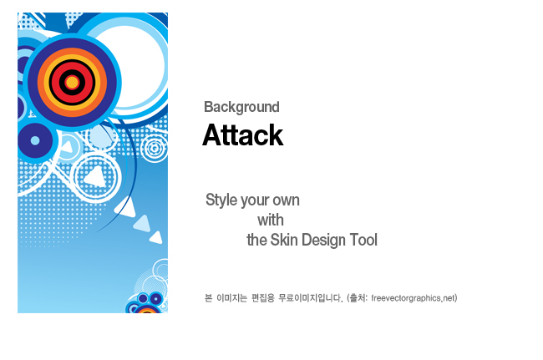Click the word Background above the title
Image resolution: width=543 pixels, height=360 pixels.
241,107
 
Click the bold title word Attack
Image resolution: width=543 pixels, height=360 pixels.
243,135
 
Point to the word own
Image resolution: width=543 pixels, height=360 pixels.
286,201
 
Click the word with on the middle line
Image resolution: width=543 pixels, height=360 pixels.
271,221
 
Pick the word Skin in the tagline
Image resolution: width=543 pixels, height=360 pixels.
284,240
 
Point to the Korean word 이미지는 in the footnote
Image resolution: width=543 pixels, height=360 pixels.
231,298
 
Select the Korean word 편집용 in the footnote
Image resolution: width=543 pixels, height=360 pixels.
263,298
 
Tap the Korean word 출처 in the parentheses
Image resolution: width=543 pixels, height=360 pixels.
358,298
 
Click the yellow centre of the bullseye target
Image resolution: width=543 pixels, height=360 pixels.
72,83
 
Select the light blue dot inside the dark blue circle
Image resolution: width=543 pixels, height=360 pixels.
35,140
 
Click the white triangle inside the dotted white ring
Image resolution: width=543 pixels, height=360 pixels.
94,177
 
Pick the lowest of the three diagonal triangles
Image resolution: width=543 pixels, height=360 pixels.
156,237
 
